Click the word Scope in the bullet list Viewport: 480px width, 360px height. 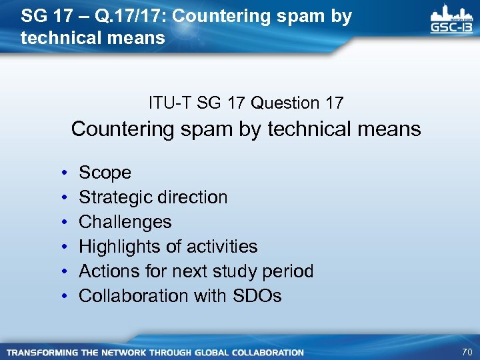tap(105, 173)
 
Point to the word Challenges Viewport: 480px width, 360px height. tap(125, 222)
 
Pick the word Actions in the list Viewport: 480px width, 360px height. tap(107, 271)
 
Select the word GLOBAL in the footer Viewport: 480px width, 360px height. tap(215, 352)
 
